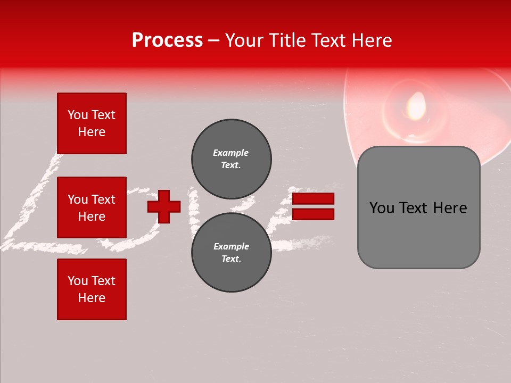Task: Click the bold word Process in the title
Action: (167, 40)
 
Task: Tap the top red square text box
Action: (92, 123)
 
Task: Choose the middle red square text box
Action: (92, 207)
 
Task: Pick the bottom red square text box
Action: (92, 289)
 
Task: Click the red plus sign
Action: (164, 206)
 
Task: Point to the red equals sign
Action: (313, 206)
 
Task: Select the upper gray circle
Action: (232, 159)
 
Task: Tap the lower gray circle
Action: (232, 253)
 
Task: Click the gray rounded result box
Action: (418, 207)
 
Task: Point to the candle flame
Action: (416, 105)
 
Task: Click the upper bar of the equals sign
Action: (313, 199)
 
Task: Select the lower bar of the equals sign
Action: (313, 214)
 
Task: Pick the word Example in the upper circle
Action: (230, 153)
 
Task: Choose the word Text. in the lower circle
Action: (231, 259)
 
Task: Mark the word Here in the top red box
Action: (92, 132)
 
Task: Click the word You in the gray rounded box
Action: (382, 208)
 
